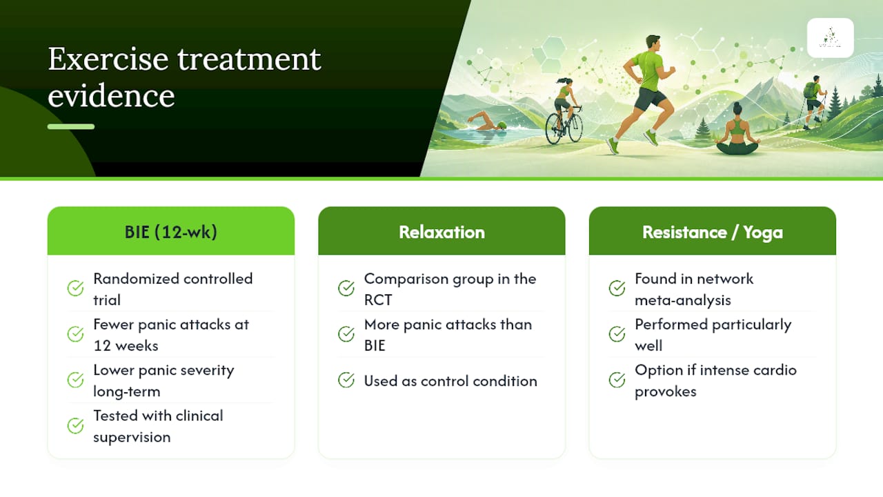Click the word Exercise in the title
(x=108, y=59)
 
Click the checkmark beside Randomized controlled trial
(x=75, y=288)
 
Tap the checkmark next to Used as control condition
(x=346, y=380)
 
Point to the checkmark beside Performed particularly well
(x=617, y=333)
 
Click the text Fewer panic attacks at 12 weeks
(x=171, y=335)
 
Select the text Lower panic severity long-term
(x=163, y=380)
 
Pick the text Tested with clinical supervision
(x=158, y=427)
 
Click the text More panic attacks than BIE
(x=448, y=335)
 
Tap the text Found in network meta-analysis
(x=694, y=289)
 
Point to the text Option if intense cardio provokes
(x=715, y=380)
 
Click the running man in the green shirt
(x=646, y=90)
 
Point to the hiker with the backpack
(x=815, y=101)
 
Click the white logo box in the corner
(x=830, y=38)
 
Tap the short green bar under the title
(x=71, y=126)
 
